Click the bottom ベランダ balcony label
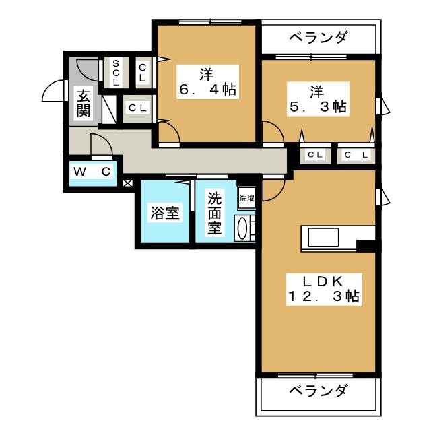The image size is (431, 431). pyautogui.click(x=319, y=391)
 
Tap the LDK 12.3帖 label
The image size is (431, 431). pyautogui.click(x=324, y=288)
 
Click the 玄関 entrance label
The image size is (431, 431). pyautogui.click(x=83, y=103)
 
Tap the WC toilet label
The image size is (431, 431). pyautogui.click(x=93, y=172)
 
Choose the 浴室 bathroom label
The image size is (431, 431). pyautogui.click(x=164, y=213)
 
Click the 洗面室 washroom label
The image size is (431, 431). pyautogui.click(x=214, y=213)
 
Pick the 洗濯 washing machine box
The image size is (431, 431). pyautogui.click(x=246, y=198)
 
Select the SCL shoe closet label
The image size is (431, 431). pyautogui.click(x=116, y=72)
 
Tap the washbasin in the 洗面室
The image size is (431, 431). pyautogui.click(x=243, y=228)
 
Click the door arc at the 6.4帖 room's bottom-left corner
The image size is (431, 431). pyautogui.click(x=170, y=131)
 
